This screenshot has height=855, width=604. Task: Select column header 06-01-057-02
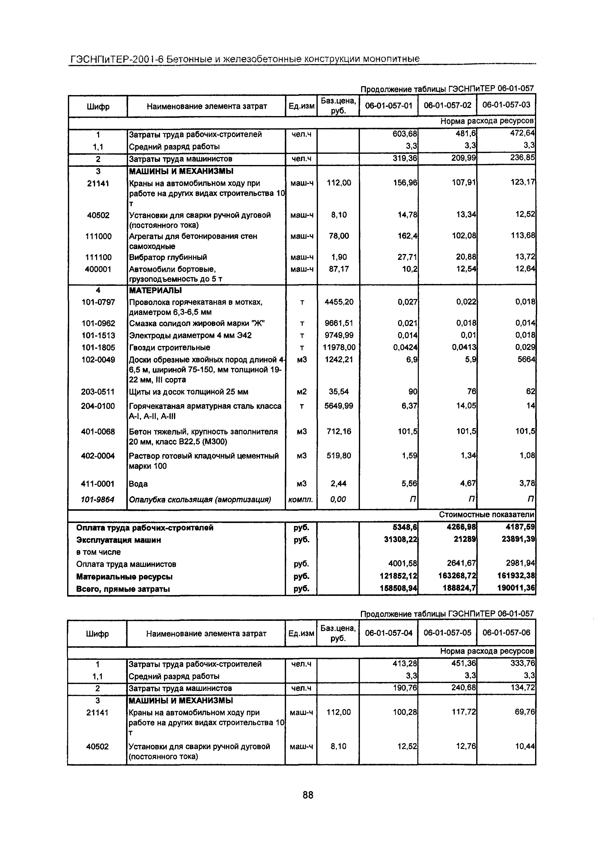[448, 105]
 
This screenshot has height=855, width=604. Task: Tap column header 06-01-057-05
[448, 632]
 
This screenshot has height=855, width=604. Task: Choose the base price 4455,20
[339, 302]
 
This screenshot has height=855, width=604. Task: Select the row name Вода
[138, 484]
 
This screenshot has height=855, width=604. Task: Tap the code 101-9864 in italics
[98, 499]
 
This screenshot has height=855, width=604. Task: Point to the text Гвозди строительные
[169, 347]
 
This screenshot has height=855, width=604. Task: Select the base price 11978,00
[339, 347]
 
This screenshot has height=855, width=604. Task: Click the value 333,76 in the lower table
[523, 663]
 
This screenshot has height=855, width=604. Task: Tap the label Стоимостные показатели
[487, 515]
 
